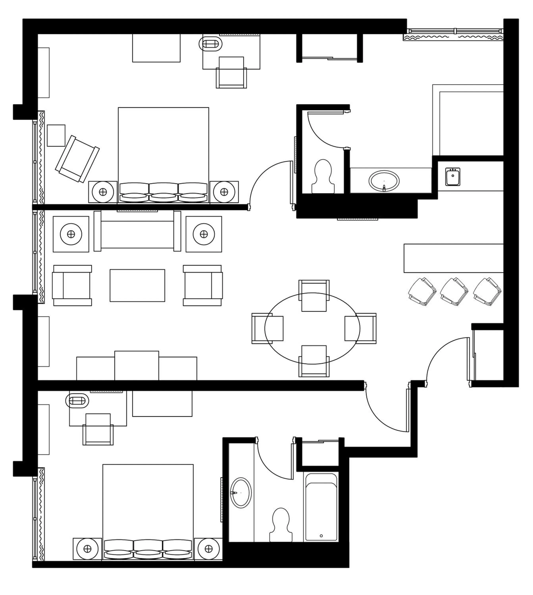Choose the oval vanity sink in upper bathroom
(384, 181)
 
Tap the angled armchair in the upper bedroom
(77, 159)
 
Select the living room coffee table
(137, 285)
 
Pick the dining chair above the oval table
(314, 295)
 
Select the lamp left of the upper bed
(103, 192)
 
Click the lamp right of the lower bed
(209, 548)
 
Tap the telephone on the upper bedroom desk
(211, 44)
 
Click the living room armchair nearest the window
(72, 285)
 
